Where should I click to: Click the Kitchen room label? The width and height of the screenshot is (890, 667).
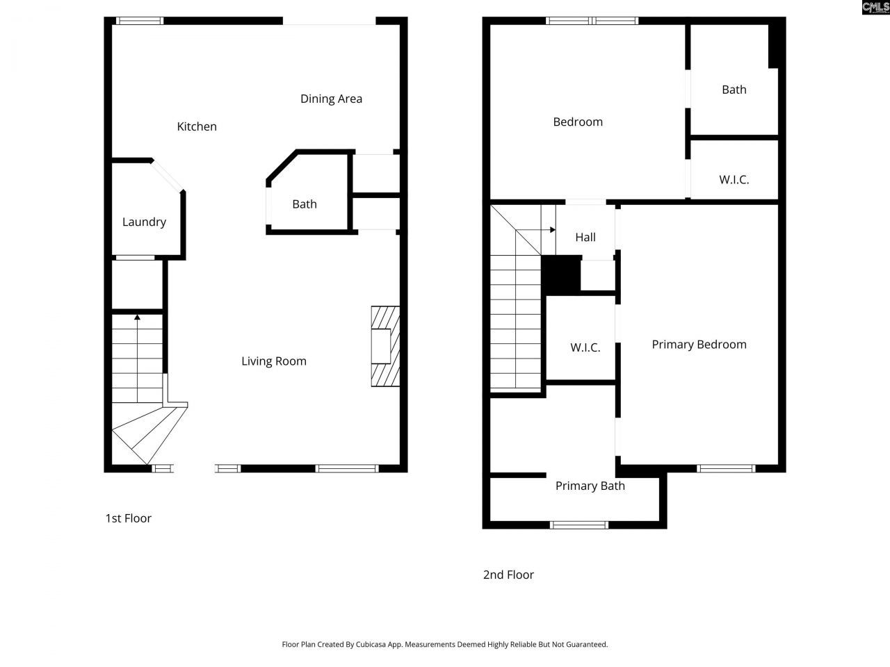point(197,126)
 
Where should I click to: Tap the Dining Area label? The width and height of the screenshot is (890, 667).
point(331,99)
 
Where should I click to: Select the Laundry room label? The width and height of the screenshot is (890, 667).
point(144,222)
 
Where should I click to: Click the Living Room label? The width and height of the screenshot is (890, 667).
point(274,361)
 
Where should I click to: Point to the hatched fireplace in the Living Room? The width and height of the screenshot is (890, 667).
point(385,346)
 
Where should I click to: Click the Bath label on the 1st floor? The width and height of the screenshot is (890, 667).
point(305,204)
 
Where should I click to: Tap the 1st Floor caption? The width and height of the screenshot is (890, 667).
point(128,518)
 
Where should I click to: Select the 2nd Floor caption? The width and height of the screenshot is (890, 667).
point(508,575)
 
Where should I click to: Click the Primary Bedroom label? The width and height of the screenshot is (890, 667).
point(699,345)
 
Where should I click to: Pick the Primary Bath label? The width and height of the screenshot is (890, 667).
point(590,486)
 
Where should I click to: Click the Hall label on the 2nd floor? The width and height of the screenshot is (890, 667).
point(585,238)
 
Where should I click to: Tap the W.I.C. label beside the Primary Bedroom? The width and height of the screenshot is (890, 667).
point(585,347)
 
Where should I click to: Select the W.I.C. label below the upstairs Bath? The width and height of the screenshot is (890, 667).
point(734,180)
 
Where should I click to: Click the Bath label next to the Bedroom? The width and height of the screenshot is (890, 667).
point(734,90)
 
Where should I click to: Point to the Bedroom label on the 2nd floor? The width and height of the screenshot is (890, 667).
point(578,122)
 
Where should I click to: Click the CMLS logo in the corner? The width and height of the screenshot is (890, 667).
point(875,8)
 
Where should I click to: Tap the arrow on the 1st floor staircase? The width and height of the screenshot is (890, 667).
point(138,318)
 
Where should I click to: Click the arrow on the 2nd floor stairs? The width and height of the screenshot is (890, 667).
point(551,229)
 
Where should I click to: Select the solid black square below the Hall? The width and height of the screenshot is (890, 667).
point(561,274)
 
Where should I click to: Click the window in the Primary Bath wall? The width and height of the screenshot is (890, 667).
point(579,525)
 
